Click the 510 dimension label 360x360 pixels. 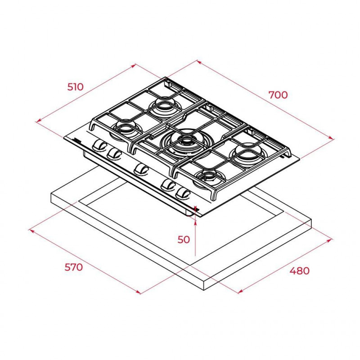[76, 87]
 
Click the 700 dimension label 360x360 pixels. [278, 95]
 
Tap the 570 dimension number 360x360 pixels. [73, 267]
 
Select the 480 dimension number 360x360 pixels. [299, 271]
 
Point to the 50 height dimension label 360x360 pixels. [184, 239]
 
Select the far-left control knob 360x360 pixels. [100, 145]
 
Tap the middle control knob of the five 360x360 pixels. [141, 170]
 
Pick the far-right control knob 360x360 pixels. [183, 193]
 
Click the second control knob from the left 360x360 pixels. [114, 153]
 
